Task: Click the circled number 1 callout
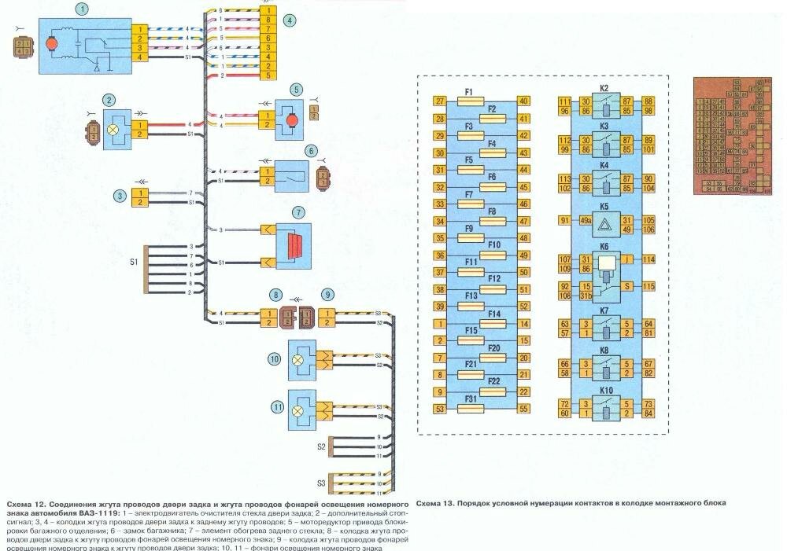[81, 9]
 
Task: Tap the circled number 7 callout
[298, 212]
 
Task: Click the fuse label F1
[467, 93]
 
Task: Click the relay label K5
[604, 207]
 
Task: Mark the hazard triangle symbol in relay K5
[605, 224]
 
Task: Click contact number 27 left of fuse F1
[441, 101]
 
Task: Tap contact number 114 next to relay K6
[648, 259]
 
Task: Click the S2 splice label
[321, 446]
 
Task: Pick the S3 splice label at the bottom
[321, 483]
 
